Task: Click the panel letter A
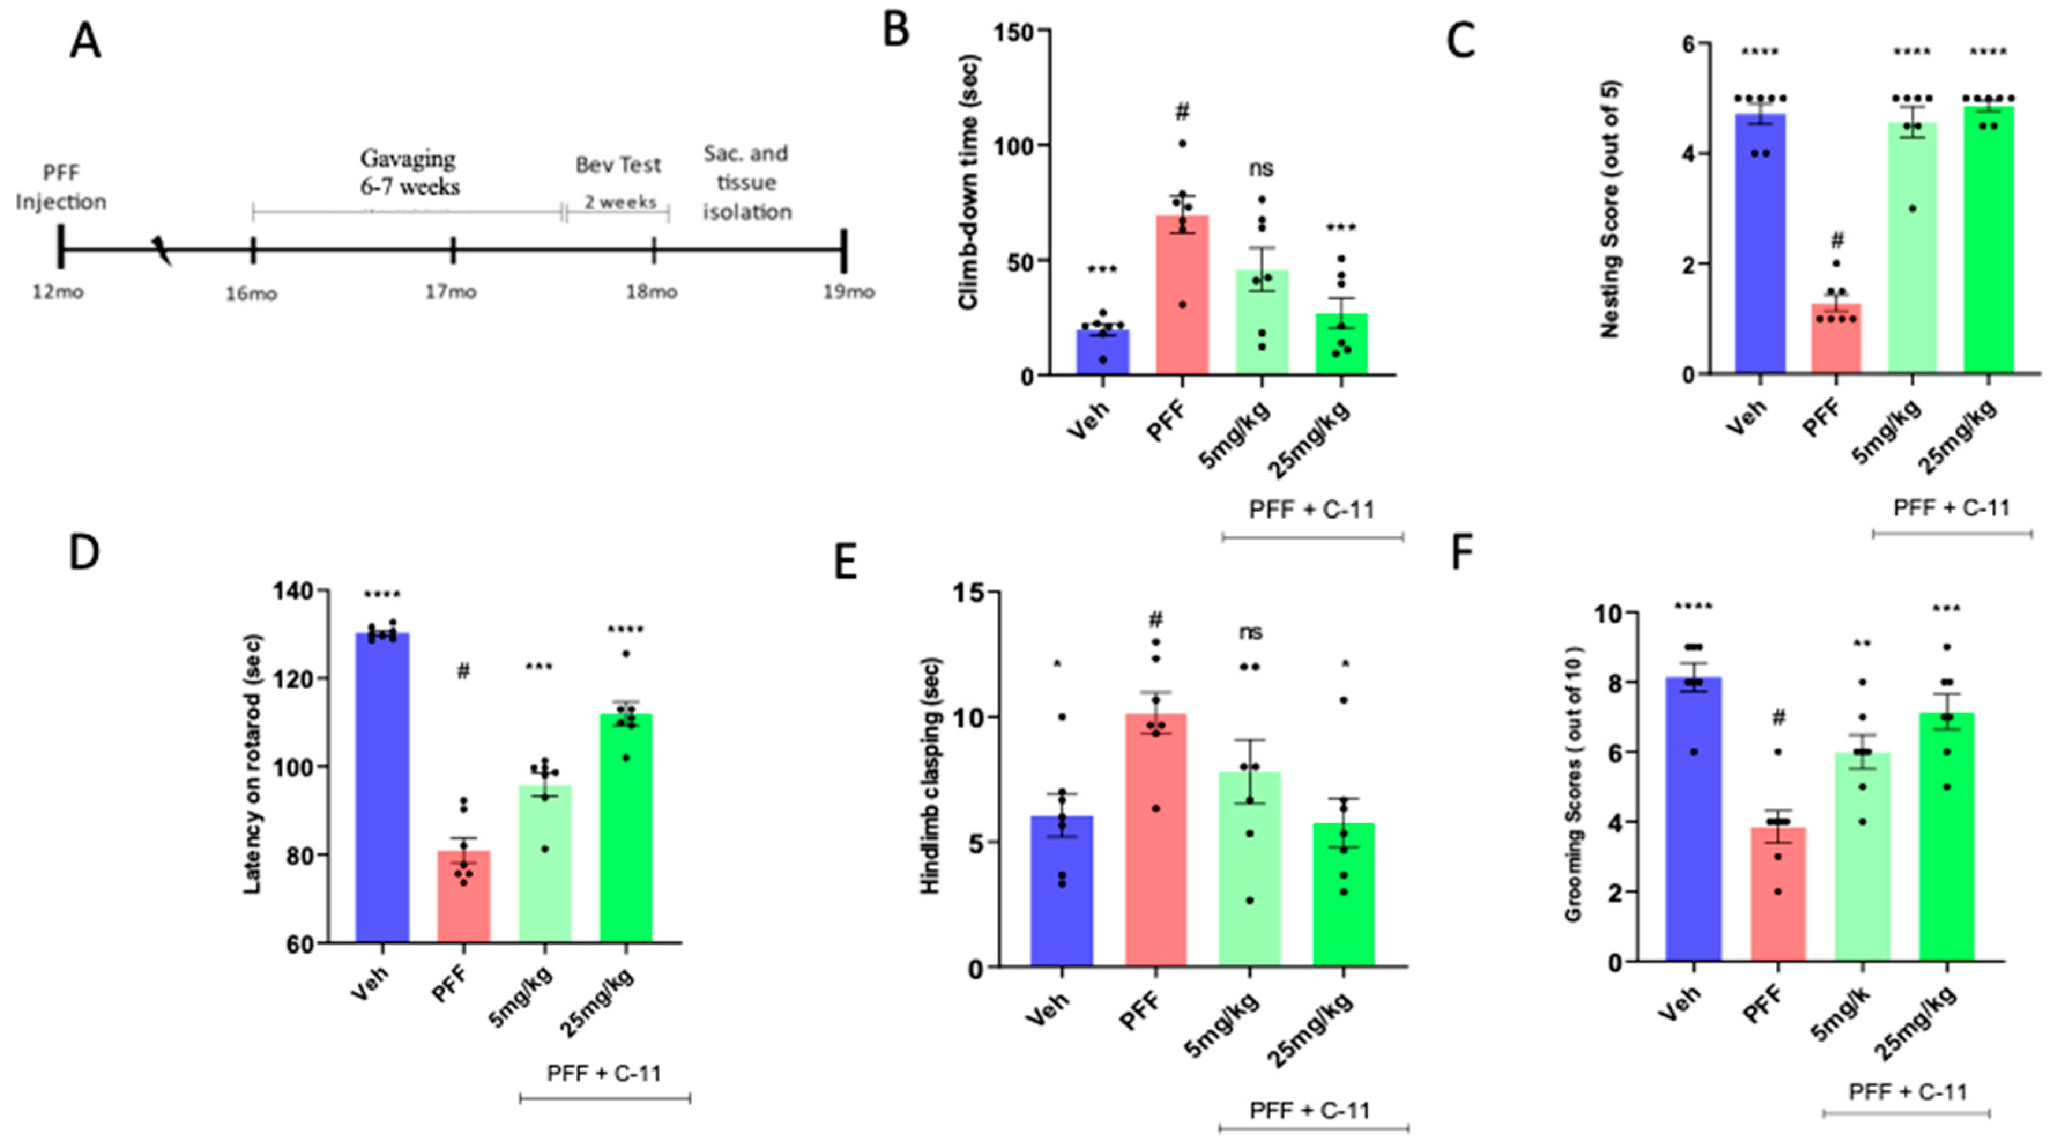pos(85,42)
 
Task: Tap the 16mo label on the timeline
pos(251,293)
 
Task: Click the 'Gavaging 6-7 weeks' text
pos(409,173)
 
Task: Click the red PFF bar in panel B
pos(1182,304)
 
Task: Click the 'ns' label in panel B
pos(1261,168)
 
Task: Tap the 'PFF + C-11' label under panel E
pos(1309,1110)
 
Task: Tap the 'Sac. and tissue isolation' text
pos(746,183)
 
